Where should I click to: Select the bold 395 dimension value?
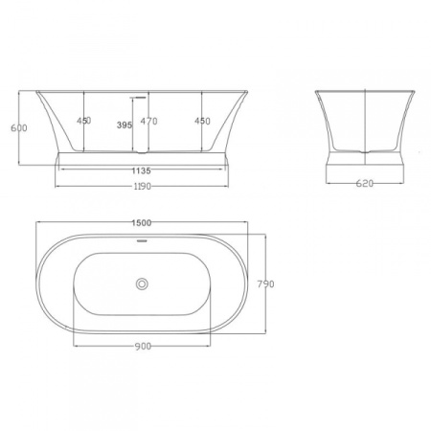coord(124,125)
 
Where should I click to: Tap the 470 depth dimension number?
coord(148,122)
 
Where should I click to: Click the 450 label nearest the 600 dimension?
coord(83,122)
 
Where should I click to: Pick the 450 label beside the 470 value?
coord(202,122)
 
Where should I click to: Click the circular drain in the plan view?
coord(142,284)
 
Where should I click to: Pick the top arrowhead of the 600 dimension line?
coord(22,94)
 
